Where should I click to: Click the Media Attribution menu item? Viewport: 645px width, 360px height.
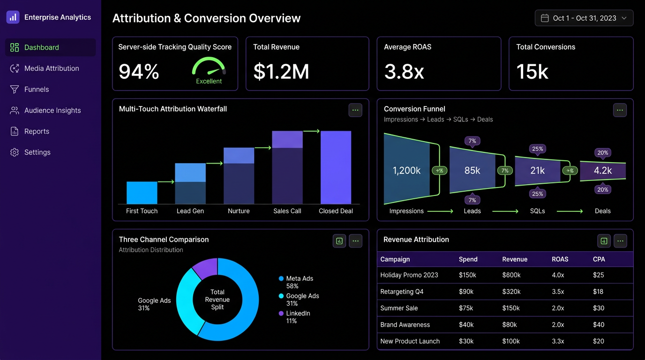pos(45,68)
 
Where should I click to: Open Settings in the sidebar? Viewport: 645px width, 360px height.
pos(30,152)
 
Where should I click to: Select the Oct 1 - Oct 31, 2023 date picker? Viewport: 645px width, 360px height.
pos(584,18)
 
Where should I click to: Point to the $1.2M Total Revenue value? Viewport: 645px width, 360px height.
pos(281,71)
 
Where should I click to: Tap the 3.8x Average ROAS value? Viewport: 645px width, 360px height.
pos(404,71)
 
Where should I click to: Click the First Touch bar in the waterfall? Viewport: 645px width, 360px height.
pos(142,193)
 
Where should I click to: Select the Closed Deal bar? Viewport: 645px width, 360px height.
pos(336,167)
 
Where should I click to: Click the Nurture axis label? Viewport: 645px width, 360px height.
pos(239,211)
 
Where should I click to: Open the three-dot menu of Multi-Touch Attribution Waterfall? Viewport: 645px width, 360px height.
pos(355,110)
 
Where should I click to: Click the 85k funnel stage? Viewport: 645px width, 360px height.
pos(472,170)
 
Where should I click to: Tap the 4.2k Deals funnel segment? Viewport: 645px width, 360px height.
pos(603,171)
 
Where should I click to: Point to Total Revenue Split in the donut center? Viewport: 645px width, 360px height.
pos(217,300)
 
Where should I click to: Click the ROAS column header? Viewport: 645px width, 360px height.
pos(560,259)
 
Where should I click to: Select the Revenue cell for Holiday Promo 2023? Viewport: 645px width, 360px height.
pos(511,275)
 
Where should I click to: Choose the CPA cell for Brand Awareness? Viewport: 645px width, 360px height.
pos(599,324)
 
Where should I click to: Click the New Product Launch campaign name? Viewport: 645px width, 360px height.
pos(410,341)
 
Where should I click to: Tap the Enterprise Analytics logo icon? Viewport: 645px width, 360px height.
pos(13,17)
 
